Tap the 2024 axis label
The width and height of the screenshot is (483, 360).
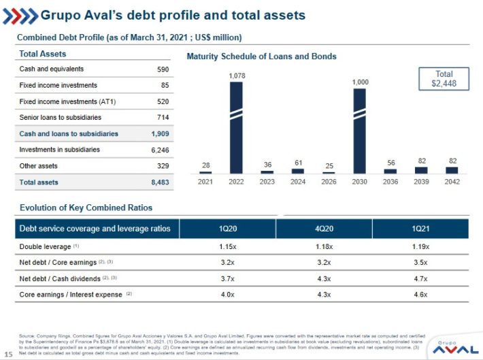pos(298,182)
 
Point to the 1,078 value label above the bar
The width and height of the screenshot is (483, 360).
pos(236,76)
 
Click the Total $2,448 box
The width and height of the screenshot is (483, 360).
pos(443,79)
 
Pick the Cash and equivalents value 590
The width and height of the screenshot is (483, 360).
pos(163,69)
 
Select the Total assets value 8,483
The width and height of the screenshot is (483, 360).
pos(160,182)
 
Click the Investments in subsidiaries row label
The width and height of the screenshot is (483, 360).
pos(60,150)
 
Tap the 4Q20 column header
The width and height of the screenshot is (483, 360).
pos(324,229)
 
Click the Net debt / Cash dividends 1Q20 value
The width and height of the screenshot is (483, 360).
pos(228,278)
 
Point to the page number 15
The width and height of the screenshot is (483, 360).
pos(9,353)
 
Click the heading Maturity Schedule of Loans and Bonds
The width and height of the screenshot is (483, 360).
pos(261,56)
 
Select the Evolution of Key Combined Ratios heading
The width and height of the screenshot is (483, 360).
pos(86,208)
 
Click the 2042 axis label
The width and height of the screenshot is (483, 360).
pos(452,182)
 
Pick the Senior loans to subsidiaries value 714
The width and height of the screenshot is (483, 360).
pos(163,118)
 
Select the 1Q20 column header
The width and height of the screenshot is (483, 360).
pos(228,229)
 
